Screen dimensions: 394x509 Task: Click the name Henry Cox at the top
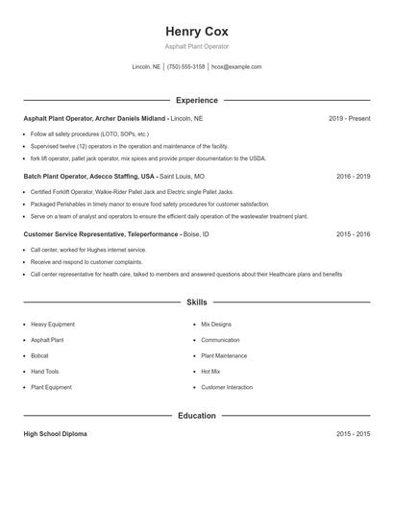196,31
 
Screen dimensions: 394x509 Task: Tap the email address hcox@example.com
235,67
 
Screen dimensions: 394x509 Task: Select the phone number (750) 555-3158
185,67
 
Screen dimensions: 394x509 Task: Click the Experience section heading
196,100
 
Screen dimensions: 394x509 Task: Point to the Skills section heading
196,303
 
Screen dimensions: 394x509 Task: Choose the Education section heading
196,416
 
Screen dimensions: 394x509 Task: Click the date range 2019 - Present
349,118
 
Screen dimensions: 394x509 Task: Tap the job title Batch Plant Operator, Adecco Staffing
88,177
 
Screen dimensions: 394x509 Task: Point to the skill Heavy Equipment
53,325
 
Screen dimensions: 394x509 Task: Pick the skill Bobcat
40,355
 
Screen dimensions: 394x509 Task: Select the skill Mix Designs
216,325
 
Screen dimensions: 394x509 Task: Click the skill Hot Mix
210,371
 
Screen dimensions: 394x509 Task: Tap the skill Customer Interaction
227,387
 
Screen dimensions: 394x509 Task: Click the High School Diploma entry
55,434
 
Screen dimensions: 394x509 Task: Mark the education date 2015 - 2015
353,434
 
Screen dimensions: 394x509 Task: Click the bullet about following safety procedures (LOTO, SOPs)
89,133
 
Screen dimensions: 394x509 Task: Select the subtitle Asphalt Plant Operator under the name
196,46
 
